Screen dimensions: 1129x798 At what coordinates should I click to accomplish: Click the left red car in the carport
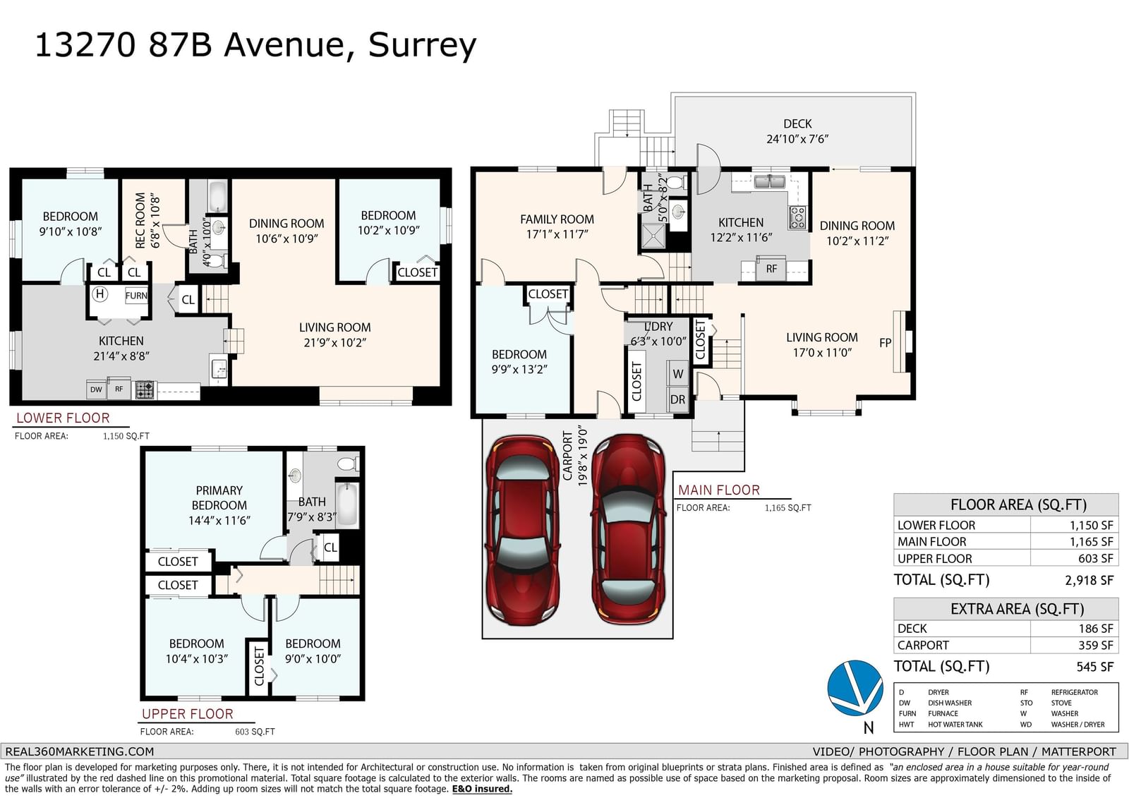pos(522,531)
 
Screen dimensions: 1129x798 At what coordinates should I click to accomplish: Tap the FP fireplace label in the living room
pos(885,343)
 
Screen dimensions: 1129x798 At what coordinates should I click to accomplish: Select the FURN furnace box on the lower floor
pos(136,296)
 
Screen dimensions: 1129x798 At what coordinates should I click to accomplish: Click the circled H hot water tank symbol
pos(99,294)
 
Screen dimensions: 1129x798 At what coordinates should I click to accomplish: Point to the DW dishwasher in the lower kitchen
pos(96,389)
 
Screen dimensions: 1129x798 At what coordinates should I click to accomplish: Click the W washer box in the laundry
pos(678,373)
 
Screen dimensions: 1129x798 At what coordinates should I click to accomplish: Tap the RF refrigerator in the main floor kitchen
pos(771,269)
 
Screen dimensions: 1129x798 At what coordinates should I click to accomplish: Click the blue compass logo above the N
pos(855,688)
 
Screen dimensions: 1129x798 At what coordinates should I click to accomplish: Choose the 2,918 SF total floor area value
pos(1089,580)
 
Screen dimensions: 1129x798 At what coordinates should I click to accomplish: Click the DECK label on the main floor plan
pos(797,123)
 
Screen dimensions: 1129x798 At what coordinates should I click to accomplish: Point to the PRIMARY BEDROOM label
pos(219,497)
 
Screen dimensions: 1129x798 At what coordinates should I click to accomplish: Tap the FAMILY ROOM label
pos(557,219)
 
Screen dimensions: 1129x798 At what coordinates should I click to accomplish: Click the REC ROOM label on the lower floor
pos(140,220)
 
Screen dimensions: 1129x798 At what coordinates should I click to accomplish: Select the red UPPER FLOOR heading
pos(188,714)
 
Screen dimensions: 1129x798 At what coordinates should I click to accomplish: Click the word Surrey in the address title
pos(423,45)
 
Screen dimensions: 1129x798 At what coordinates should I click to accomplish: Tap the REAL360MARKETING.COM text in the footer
pos(80,751)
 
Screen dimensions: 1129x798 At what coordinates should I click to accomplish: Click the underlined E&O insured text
pos(482,789)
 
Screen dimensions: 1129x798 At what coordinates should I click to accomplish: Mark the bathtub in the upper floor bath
pos(347,504)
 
